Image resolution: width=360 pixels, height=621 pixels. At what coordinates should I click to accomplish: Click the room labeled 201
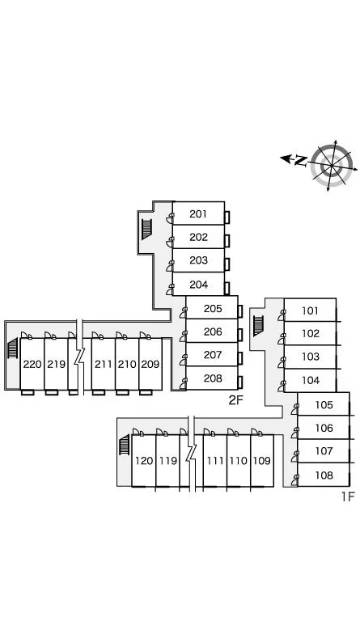click(x=198, y=213)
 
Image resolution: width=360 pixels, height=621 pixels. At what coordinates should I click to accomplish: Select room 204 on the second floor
click(x=198, y=285)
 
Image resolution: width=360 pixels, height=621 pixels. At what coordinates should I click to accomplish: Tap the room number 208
click(x=213, y=378)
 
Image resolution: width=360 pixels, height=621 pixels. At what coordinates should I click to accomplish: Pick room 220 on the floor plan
click(x=32, y=364)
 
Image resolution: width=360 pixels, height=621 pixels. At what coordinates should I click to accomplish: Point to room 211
click(x=103, y=364)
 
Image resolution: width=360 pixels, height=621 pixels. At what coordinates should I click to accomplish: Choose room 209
click(x=150, y=364)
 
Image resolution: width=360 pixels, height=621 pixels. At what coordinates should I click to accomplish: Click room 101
click(x=310, y=310)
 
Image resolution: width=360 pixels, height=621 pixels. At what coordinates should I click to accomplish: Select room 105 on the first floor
click(x=324, y=405)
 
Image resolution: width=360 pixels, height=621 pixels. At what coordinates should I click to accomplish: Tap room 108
click(x=324, y=475)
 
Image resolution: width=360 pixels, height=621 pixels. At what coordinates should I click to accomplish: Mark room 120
click(x=144, y=461)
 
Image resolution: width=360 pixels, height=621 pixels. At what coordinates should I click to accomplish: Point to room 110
click(x=238, y=461)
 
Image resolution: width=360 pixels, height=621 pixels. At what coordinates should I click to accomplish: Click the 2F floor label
click(x=235, y=400)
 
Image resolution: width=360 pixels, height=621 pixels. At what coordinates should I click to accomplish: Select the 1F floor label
click(x=348, y=496)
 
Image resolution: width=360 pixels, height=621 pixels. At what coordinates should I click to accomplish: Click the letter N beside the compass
click(x=301, y=160)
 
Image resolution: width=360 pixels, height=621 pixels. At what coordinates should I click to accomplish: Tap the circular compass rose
click(x=332, y=166)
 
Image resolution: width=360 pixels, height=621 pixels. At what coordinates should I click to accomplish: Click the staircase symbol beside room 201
click(x=146, y=230)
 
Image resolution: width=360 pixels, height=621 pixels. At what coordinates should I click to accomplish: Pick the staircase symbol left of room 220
click(x=13, y=348)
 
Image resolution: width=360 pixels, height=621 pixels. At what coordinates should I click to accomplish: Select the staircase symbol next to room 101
click(x=258, y=326)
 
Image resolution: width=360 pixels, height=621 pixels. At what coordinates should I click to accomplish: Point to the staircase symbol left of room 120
click(x=125, y=445)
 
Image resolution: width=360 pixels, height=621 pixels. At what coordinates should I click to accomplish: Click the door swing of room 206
click(x=183, y=336)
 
